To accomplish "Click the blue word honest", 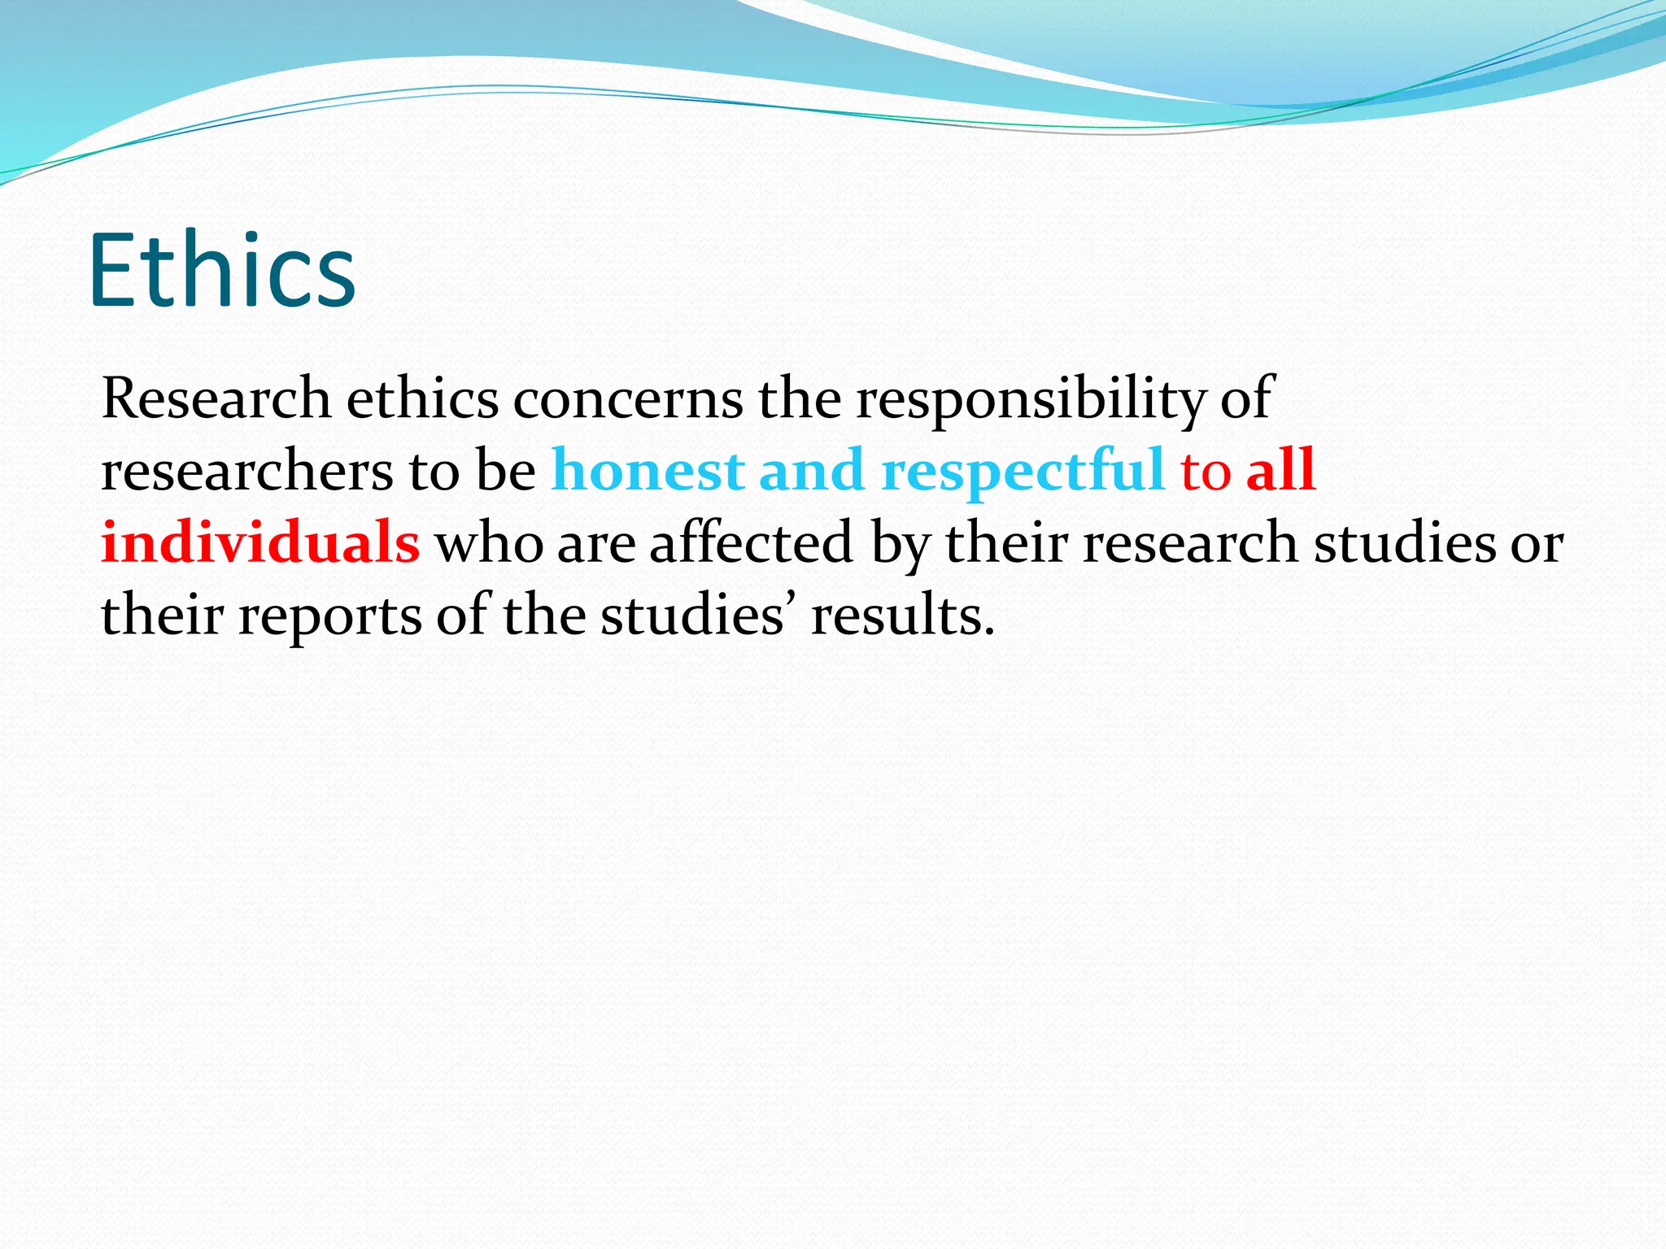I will [x=648, y=471].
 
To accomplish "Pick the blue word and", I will [x=811, y=471].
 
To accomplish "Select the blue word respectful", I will [x=1023, y=471].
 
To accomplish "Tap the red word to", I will [x=1206, y=471].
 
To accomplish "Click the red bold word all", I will [x=1281, y=471].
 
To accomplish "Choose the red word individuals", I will [x=260, y=542].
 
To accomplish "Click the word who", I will [x=489, y=542].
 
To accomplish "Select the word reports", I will [x=329, y=615].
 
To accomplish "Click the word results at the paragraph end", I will [x=902, y=615].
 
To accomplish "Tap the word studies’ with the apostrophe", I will [x=693, y=615].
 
